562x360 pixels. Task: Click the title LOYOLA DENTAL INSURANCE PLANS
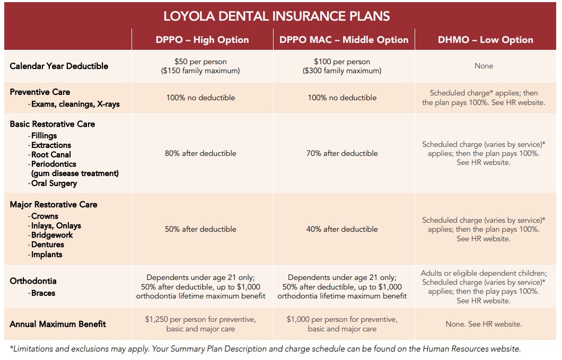(x=276, y=16)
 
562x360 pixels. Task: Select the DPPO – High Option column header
(x=202, y=40)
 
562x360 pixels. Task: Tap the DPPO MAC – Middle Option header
(x=344, y=40)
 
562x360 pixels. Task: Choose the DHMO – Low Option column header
(x=485, y=40)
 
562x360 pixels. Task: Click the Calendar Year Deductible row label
(x=59, y=66)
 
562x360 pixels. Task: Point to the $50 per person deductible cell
(x=200, y=66)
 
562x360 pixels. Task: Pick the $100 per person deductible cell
(x=342, y=66)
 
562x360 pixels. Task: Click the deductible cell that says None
(x=484, y=66)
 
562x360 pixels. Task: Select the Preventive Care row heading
(x=40, y=92)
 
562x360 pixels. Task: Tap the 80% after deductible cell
(x=200, y=153)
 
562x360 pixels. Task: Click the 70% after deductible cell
(x=343, y=153)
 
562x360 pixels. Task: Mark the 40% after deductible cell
(x=343, y=229)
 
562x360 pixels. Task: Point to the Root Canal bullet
(x=50, y=155)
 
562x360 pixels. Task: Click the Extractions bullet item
(x=50, y=145)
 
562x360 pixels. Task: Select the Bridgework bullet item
(x=51, y=235)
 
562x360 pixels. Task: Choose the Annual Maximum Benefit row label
(x=58, y=324)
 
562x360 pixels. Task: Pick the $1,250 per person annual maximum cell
(x=200, y=324)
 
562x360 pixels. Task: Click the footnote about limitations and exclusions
(x=265, y=349)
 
